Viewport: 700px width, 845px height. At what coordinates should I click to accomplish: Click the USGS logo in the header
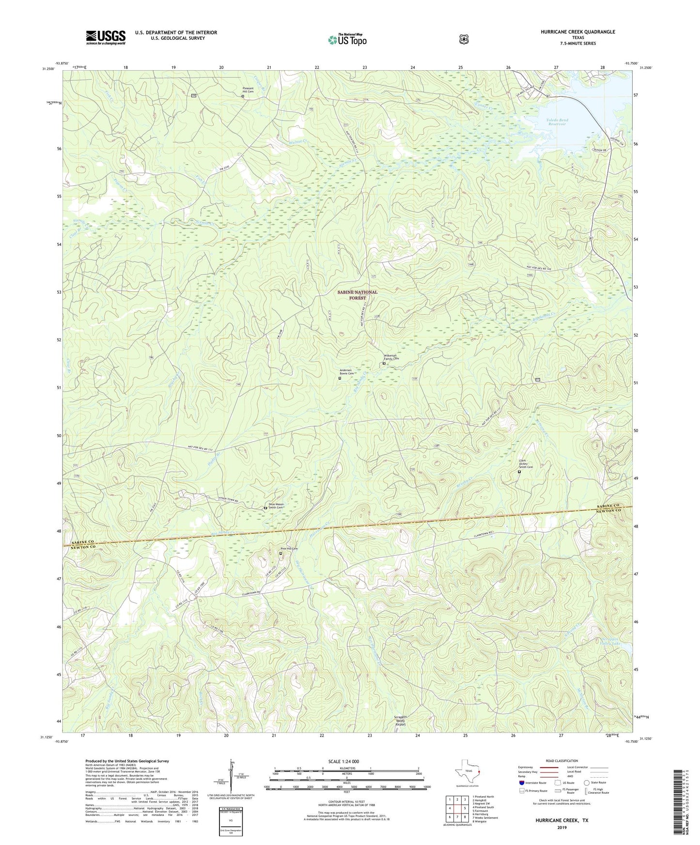[106, 37]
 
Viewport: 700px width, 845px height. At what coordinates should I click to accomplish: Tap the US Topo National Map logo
[347, 39]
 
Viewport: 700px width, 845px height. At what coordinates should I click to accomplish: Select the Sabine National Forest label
[357, 295]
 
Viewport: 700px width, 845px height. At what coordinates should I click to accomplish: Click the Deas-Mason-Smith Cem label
[276, 505]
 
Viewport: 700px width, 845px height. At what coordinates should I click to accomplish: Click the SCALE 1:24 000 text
[343, 761]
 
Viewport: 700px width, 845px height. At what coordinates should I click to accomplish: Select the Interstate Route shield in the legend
[521, 782]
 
